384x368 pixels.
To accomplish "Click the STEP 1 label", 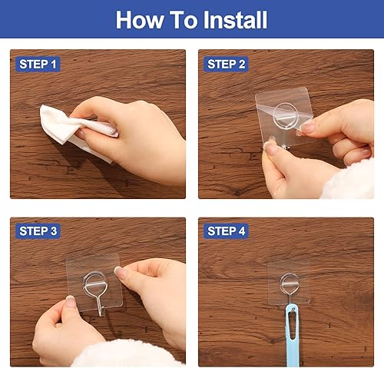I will pyautogui.click(x=38, y=65).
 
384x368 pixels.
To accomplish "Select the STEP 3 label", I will pyautogui.click(x=38, y=230).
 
